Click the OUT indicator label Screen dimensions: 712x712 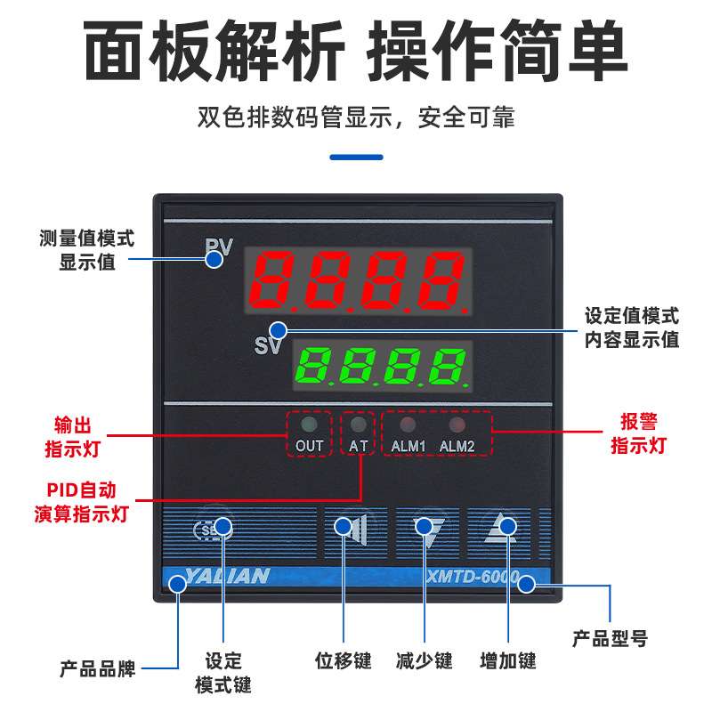pos(309,445)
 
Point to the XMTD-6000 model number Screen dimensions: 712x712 pos(479,577)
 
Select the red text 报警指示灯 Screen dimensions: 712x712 pos(638,433)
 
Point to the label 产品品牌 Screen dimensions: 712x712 pos(98,668)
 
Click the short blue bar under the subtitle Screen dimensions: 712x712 pos(356,158)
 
